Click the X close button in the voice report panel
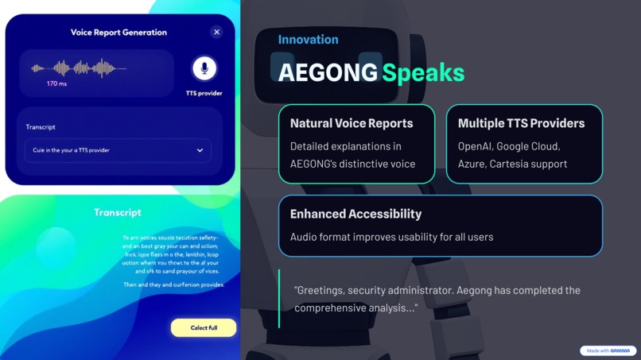tap(216, 32)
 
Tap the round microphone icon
tap(204, 68)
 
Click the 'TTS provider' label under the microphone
tap(204, 93)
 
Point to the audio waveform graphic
tap(79, 68)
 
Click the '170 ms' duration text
tap(56, 83)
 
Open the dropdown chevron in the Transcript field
tap(200, 150)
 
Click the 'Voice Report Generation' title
tap(118, 33)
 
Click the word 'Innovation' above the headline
tap(308, 40)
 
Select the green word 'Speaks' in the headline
tap(423, 72)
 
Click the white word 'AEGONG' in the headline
tap(328, 72)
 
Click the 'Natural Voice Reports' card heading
tap(352, 123)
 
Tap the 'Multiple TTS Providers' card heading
tap(521, 123)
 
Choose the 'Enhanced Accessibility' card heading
tap(355, 214)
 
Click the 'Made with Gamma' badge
tap(608, 350)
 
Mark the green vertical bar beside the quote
tap(279, 299)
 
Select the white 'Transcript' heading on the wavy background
tap(118, 212)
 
